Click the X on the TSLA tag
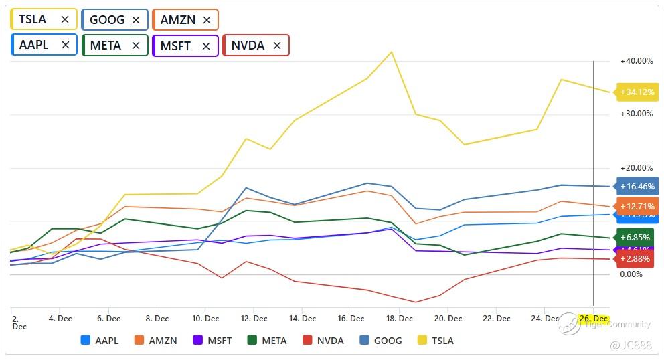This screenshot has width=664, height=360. point(65,20)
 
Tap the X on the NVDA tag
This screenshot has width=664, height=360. point(277,46)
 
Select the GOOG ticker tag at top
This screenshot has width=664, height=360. point(107,20)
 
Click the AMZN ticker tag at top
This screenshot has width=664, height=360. point(178,20)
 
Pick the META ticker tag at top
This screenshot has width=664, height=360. point(106,46)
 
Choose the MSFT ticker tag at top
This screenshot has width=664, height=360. point(176,46)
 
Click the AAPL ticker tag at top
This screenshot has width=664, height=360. point(33,46)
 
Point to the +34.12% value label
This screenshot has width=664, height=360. point(637,92)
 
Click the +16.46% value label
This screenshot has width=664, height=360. point(637,187)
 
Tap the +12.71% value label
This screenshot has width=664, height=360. point(637,206)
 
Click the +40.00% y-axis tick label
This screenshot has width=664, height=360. point(636,61)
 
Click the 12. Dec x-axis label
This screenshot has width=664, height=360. point(255,319)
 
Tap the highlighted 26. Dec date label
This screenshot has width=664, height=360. point(593,319)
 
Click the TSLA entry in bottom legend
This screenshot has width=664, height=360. point(436,341)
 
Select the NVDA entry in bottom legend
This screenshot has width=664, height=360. point(323,341)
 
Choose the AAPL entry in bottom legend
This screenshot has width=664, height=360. point(99,341)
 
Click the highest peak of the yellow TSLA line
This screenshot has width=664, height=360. point(392,52)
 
